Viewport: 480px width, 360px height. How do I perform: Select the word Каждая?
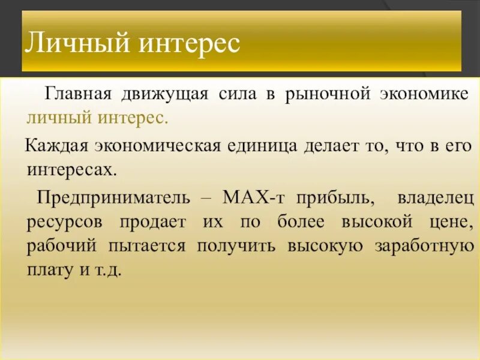click(x=57, y=145)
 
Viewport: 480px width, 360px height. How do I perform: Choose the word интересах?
click(x=70, y=169)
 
